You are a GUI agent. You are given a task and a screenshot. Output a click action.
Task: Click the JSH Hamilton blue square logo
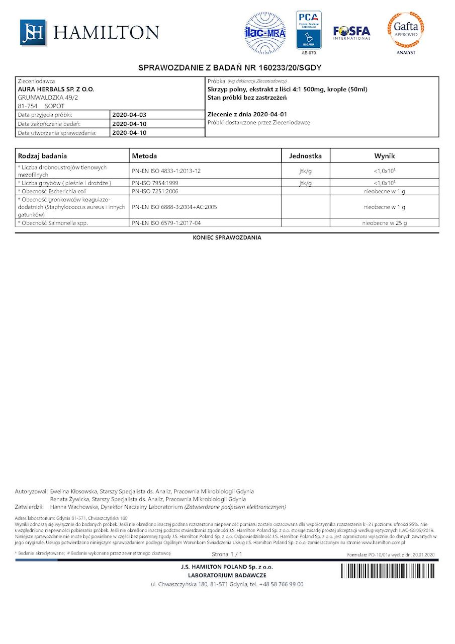[x=33, y=32]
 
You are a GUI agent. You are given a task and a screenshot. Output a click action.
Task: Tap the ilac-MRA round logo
[x=265, y=33]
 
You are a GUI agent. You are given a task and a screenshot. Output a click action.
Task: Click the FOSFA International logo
[x=351, y=33]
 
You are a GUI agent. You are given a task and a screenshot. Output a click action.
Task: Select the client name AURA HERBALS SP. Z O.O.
[x=56, y=89]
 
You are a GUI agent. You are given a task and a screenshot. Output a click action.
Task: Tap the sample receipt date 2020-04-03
[x=129, y=115]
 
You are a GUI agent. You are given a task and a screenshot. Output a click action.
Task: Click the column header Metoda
[x=144, y=156]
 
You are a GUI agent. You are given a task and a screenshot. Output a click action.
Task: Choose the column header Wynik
[x=384, y=156]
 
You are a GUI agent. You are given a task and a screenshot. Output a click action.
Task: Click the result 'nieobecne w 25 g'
[x=385, y=223]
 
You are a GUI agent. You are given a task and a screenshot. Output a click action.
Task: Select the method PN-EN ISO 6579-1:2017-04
[x=167, y=223]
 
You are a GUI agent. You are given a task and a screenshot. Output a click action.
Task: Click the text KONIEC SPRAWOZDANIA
[x=227, y=237]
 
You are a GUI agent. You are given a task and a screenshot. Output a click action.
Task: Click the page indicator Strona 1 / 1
[x=227, y=554]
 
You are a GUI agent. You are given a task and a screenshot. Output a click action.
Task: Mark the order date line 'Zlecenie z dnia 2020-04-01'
[x=247, y=114]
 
